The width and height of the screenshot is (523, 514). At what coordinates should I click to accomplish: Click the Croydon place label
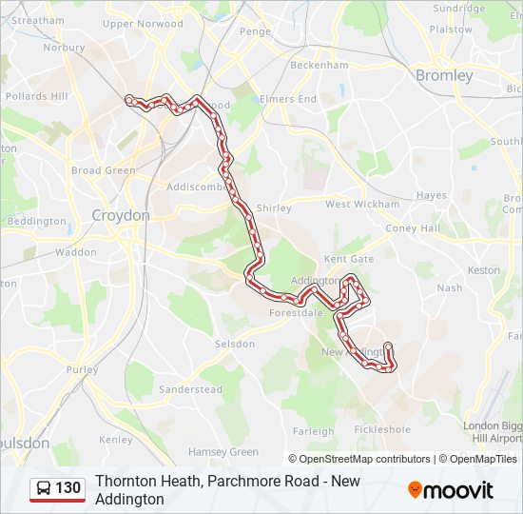click(121, 216)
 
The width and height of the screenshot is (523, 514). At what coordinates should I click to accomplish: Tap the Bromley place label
click(444, 75)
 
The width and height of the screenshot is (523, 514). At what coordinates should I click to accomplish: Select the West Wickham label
click(362, 205)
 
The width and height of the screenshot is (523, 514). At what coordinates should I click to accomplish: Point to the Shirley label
click(274, 208)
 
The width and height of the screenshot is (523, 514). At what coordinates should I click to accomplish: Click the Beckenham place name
click(319, 66)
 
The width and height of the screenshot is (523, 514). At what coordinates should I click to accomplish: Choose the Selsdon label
click(235, 344)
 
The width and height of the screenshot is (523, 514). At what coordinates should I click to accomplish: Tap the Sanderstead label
click(190, 389)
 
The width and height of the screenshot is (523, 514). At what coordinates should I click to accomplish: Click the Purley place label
click(83, 369)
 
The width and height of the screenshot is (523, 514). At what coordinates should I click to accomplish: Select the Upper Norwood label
click(143, 24)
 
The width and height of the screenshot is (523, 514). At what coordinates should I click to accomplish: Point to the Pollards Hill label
click(37, 96)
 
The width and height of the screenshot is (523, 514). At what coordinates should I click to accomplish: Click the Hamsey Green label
click(223, 452)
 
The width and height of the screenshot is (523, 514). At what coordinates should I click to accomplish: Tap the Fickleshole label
click(382, 429)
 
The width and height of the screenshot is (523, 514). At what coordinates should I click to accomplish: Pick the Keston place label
click(484, 270)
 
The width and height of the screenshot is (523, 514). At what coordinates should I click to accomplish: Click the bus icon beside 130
click(44, 489)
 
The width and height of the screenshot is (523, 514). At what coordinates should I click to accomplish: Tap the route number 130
click(68, 488)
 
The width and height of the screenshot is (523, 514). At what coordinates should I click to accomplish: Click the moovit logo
click(451, 490)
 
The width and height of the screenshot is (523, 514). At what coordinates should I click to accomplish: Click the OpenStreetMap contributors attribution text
click(364, 459)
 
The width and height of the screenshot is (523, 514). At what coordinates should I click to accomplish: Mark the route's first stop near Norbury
click(128, 98)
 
